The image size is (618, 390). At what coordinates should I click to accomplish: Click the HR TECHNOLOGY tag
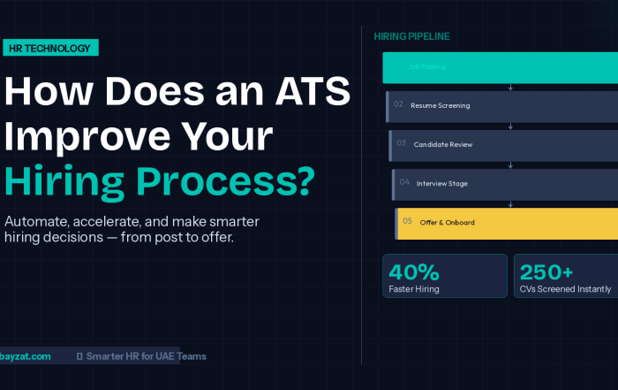(x=49, y=48)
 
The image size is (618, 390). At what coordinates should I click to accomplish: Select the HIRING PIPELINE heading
(x=412, y=36)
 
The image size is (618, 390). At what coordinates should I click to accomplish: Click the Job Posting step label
(x=426, y=66)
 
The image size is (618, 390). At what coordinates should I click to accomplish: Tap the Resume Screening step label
(x=440, y=105)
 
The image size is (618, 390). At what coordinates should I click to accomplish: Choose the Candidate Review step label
(x=444, y=144)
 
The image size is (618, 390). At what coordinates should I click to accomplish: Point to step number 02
(x=398, y=104)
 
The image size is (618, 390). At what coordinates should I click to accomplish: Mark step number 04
(x=404, y=182)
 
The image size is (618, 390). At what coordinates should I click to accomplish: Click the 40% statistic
(x=414, y=271)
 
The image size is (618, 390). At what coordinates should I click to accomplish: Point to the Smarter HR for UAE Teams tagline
(x=146, y=356)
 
